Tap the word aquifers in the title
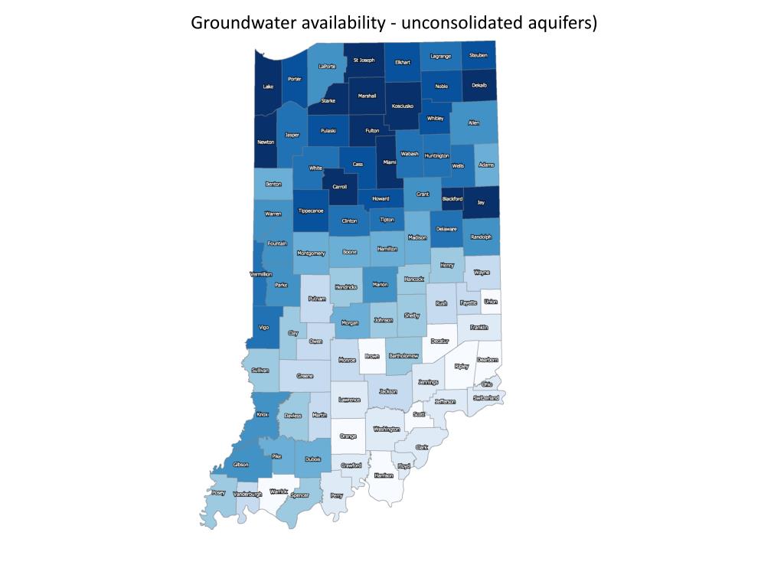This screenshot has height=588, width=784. [x=558, y=22]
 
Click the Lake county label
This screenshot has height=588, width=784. [x=268, y=87]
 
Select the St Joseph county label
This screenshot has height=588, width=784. [x=364, y=60]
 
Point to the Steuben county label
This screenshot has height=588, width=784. [x=478, y=56]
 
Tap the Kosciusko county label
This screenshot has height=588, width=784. [x=402, y=106]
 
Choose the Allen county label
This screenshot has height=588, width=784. [x=473, y=122]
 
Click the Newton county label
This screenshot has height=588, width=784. [x=266, y=142]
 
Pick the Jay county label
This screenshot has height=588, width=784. [x=481, y=203]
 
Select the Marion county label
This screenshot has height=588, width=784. [x=380, y=285]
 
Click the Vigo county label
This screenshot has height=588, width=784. [x=264, y=327]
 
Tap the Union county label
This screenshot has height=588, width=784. [x=491, y=302]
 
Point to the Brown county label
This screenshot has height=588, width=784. [x=372, y=356]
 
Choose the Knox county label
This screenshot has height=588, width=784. [x=263, y=414]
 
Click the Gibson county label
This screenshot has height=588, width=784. [x=240, y=465]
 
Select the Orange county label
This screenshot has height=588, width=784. [x=348, y=436]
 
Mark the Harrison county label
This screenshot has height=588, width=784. [x=383, y=475]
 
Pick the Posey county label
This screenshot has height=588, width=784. [x=218, y=494]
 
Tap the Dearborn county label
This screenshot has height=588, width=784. [x=488, y=359]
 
